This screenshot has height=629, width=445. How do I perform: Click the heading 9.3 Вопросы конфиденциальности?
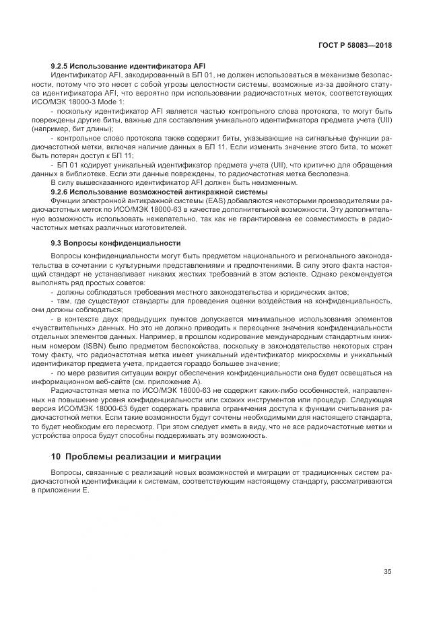tap(116, 243)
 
